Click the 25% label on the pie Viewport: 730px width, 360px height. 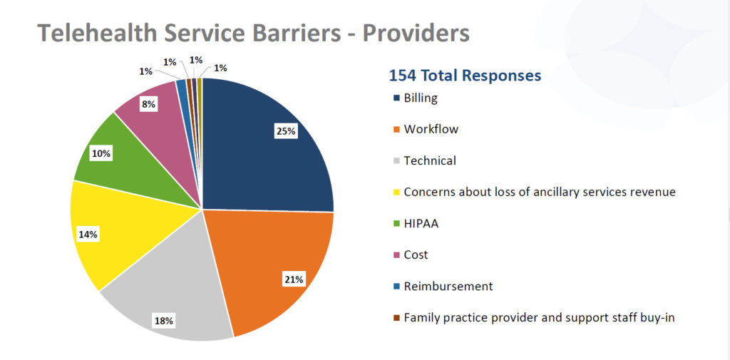pos(286,131)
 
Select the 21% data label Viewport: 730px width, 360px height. pos(294,279)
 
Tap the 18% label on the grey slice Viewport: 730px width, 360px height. pos(163,321)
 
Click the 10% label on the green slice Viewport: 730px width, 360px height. pos(101,153)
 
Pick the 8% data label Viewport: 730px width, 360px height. pos(148,103)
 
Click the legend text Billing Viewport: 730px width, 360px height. pos(420,98)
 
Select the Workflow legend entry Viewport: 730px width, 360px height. pos(431,130)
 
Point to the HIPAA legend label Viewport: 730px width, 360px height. pos(421,224)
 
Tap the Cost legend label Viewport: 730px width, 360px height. pos(416,255)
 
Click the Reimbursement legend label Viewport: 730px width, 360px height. pos(448,287)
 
